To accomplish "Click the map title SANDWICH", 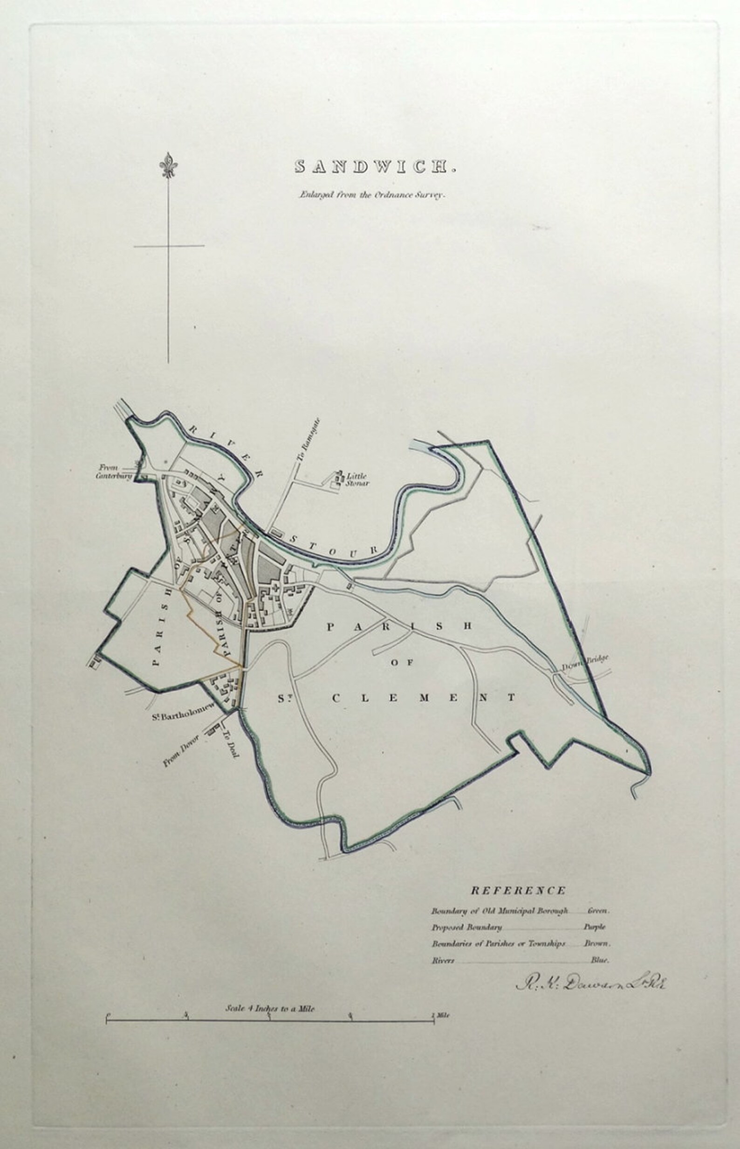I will (x=374, y=167).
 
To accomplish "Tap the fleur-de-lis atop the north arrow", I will (x=168, y=166).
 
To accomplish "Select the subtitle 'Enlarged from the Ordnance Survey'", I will (x=373, y=195).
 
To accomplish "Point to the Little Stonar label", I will (x=357, y=480).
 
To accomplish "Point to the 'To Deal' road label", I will (x=230, y=745).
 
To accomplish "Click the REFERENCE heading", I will (x=518, y=890).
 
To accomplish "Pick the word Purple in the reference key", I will (x=595, y=927).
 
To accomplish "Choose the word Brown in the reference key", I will (x=597, y=943).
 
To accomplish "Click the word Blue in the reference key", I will (x=600, y=960).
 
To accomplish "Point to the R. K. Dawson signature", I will (x=591, y=983).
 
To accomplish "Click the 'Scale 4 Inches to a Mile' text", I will (x=270, y=1009).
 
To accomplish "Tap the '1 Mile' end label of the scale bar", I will (x=441, y=1016).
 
